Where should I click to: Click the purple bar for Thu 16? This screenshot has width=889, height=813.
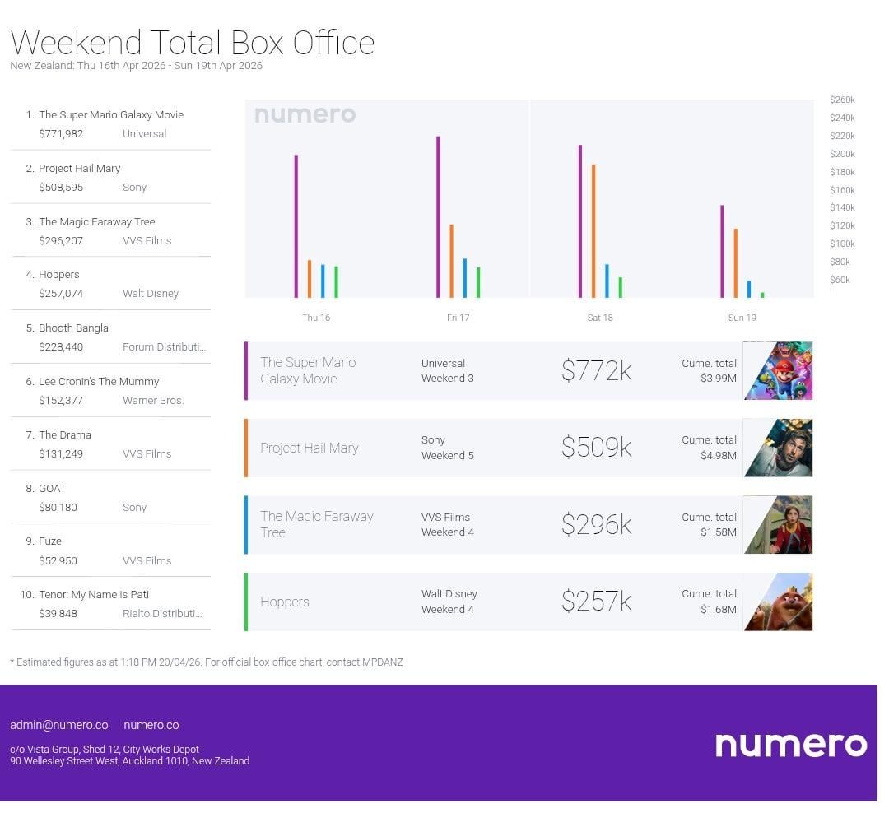pos(296,226)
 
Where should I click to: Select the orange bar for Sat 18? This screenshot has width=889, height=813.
pos(593,231)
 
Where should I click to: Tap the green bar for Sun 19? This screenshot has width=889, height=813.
pos(762,295)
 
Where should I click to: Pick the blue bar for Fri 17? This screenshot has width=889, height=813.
pos(465,278)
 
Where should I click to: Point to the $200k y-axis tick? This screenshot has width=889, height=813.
pos(842,154)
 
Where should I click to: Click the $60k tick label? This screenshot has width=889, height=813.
pos(840,280)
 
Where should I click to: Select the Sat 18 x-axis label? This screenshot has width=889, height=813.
pos(600,318)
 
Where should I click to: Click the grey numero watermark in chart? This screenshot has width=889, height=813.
pos(305,115)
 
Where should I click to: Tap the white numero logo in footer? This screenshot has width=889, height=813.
pos(791,744)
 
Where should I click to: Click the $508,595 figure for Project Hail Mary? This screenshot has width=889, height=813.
pos(61,187)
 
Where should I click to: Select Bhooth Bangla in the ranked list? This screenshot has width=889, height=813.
pos(73,328)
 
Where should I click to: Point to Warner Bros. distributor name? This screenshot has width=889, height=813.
pos(153,401)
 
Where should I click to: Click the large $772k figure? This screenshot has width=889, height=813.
pos(596,371)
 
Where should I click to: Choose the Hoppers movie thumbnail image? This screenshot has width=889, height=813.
pos(778,602)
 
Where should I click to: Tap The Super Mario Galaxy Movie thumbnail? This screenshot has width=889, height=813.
pos(778,371)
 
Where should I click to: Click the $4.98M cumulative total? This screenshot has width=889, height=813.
pos(719,455)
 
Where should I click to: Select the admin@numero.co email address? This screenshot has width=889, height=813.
pos(59,725)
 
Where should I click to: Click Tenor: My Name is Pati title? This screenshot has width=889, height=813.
pos(94,594)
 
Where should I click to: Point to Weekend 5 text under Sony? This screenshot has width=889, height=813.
pos(448,455)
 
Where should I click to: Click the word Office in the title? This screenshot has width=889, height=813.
pos(333,43)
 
